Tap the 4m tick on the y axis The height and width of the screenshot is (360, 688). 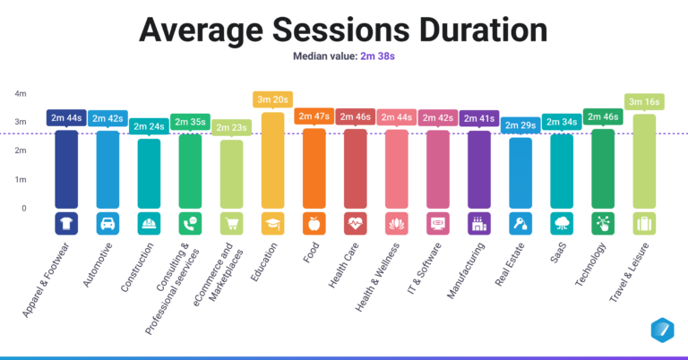click(21, 93)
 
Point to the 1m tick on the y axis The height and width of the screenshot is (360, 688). click(21, 179)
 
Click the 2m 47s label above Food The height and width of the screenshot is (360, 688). click(314, 116)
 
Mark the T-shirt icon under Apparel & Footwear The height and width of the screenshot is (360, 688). click(67, 223)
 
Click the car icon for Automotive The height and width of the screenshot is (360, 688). click(107, 223)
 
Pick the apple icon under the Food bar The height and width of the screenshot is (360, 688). click(314, 223)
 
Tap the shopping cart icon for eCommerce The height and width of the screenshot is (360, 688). click(231, 223)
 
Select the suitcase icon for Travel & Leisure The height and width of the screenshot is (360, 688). click(643, 223)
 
